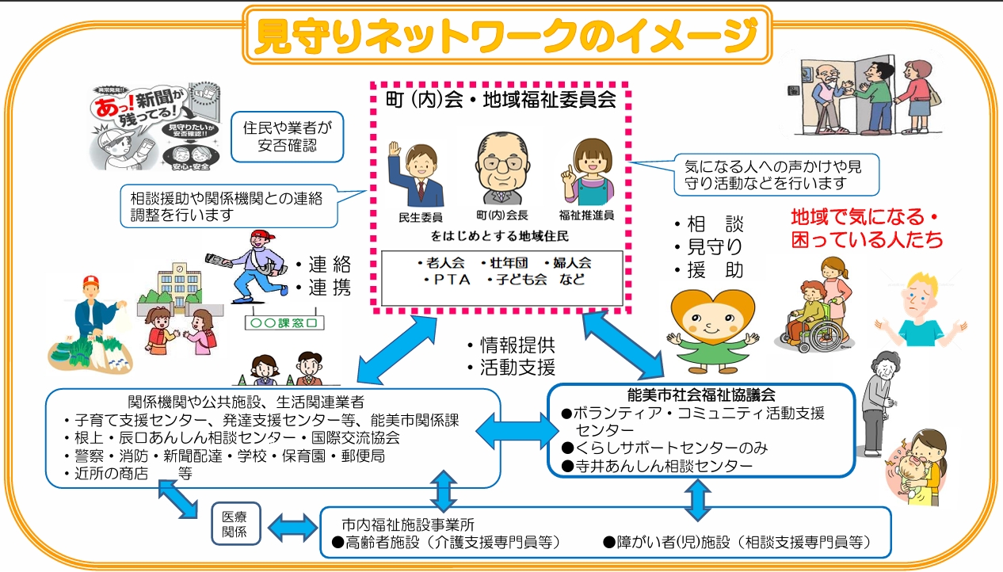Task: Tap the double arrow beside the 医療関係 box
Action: pyautogui.click(x=291, y=526)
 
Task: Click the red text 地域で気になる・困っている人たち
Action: pyautogui.click(x=867, y=227)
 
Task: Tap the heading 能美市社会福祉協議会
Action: pyautogui.click(x=701, y=394)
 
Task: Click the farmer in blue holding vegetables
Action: pyautogui.click(x=93, y=317)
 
